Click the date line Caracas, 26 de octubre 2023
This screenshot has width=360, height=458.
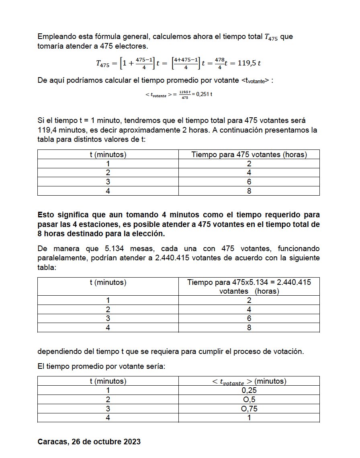(x=89, y=442)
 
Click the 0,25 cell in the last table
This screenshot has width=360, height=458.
(x=249, y=391)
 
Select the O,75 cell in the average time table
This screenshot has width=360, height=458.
(x=249, y=409)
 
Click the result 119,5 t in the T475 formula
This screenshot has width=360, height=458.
(x=248, y=63)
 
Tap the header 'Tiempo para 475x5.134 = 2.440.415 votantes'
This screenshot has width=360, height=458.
(x=249, y=286)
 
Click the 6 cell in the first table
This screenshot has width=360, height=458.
(x=249, y=182)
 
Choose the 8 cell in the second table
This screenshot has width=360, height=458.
(x=249, y=328)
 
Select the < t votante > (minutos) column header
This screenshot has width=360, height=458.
(x=249, y=381)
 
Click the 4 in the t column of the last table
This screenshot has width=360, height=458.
(x=108, y=418)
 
